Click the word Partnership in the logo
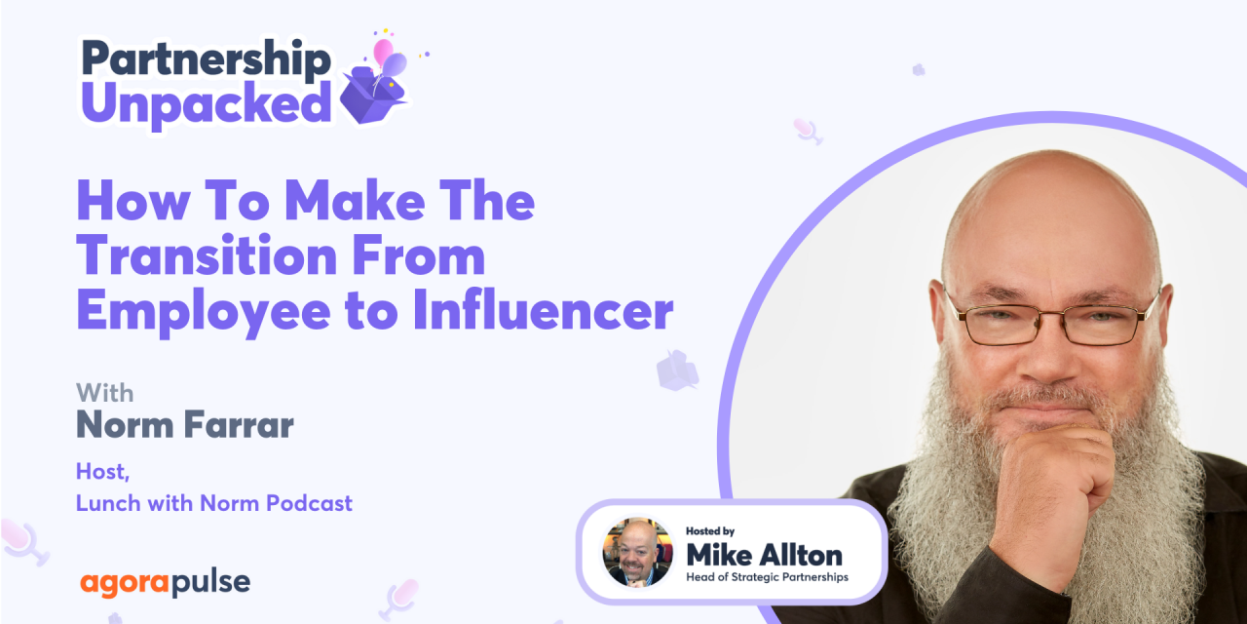click(x=206, y=59)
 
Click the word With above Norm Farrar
click(x=105, y=393)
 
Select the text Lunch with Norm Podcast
click(x=213, y=503)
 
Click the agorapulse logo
click(x=165, y=583)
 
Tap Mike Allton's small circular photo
click(x=637, y=552)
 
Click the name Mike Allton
click(x=764, y=555)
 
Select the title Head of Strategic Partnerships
click(x=768, y=577)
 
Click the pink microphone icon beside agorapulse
click(x=399, y=597)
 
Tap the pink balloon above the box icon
click(x=383, y=51)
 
